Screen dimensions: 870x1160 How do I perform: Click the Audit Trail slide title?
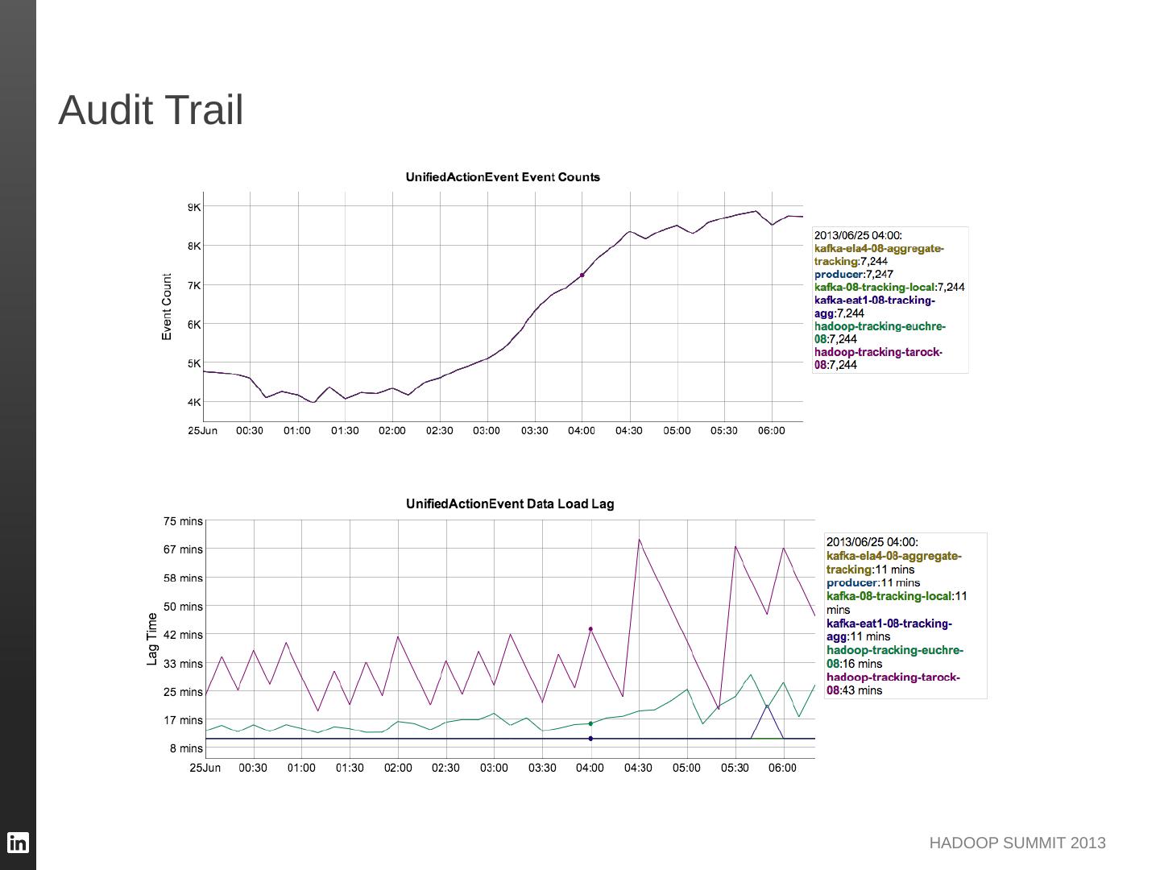[151, 110]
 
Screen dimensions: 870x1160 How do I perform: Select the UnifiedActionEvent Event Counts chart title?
[503, 177]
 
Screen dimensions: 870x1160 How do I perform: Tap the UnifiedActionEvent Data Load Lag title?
[510, 504]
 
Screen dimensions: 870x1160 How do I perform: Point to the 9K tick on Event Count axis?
[194, 207]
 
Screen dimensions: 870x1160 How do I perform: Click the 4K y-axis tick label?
[194, 402]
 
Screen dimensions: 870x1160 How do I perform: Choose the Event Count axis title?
[168, 307]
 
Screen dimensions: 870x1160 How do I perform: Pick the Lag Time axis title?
[152, 639]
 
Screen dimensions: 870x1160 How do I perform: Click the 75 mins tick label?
[184, 521]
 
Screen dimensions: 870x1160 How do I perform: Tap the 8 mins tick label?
[186, 748]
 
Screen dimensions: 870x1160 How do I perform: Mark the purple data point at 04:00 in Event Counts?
[582, 275]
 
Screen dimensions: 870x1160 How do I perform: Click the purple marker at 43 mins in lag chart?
[590, 629]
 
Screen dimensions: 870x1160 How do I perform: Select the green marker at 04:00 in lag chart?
[590, 723]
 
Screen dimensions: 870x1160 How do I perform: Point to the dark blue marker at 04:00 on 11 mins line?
[590, 739]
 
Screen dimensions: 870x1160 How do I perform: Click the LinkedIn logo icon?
[18, 843]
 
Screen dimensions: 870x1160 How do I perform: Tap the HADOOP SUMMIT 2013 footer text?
[1017, 843]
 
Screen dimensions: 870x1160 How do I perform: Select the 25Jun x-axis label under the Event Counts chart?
[203, 431]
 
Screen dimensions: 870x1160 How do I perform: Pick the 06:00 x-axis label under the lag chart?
[783, 768]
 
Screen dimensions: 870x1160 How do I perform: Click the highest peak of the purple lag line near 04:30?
[640, 540]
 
